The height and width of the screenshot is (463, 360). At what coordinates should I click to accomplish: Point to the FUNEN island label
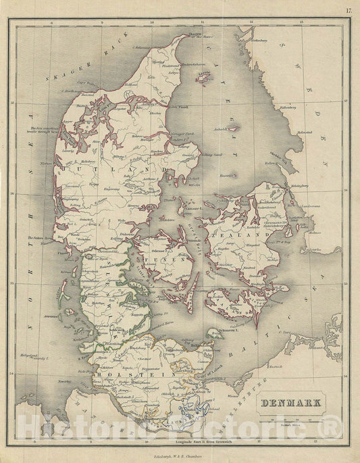(159, 258)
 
